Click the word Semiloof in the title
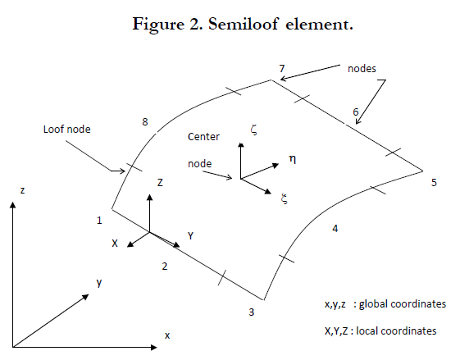(x=243, y=24)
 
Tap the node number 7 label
(x=282, y=68)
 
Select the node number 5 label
(x=434, y=183)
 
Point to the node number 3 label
(x=252, y=312)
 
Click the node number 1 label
(x=99, y=220)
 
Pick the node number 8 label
(x=145, y=121)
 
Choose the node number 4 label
(x=335, y=228)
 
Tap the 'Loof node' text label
(x=67, y=130)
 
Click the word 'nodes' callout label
(x=362, y=69)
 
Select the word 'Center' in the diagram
(x=203, y=137)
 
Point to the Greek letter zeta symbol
(x=254, y=130)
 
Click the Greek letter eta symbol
(x=293, y=159)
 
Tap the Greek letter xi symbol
(x=284, y=198)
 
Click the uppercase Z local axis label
(x=160, y=183)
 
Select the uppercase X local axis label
(x=115, y=244)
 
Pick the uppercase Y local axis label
(x=191, y=235)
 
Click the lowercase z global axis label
(x=22, y=191)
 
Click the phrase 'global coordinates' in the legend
(x=403, y=304)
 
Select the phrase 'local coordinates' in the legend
(x=396, y=331)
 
